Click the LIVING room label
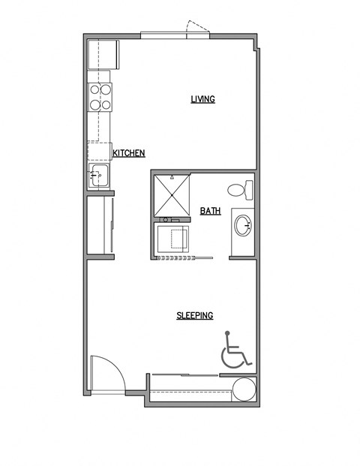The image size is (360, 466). pyautogui.click(x=202, y=99)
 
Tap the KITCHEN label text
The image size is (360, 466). pyautogui.click(x=128, y=153)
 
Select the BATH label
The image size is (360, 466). pyautogui.click(x=210, y=211)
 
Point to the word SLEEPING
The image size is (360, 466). pyautogui.click(x=195, y=315)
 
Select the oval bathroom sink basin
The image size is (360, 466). pyautogui.click(x=243, y=224)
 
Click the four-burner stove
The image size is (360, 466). pyautogui.click(x=101, y=96)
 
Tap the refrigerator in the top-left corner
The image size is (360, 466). pyautogui.click(x=102, y=55)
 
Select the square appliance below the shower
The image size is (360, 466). pyautogui.click(x=173, y=239)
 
